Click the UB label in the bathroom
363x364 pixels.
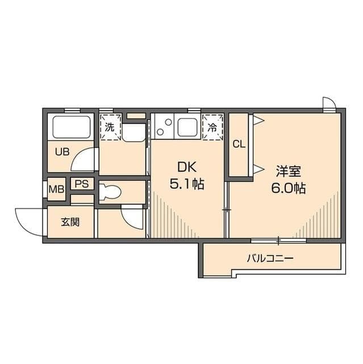tap(62, 152)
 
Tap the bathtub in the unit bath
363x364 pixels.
tap(72, 127)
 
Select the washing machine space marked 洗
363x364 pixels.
tap(110, 127)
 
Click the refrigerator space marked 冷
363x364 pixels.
tap(212, 127)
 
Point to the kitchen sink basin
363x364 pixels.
tap(187, 127)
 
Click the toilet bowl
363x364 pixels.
tap(110, 192)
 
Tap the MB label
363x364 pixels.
tap(56, 189)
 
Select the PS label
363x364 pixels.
tap(82, 184)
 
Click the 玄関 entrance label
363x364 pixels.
tap(70, 222)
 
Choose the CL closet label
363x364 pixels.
tap(239, 144)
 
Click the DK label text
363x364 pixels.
tap(187, 167)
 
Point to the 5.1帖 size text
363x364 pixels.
tap(187, 184)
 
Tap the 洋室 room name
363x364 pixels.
tap(289, 171)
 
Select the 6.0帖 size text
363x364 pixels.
tap(289, 188)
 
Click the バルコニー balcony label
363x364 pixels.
tap(270, 258)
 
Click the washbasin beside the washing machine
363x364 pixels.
tap(133, 133)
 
